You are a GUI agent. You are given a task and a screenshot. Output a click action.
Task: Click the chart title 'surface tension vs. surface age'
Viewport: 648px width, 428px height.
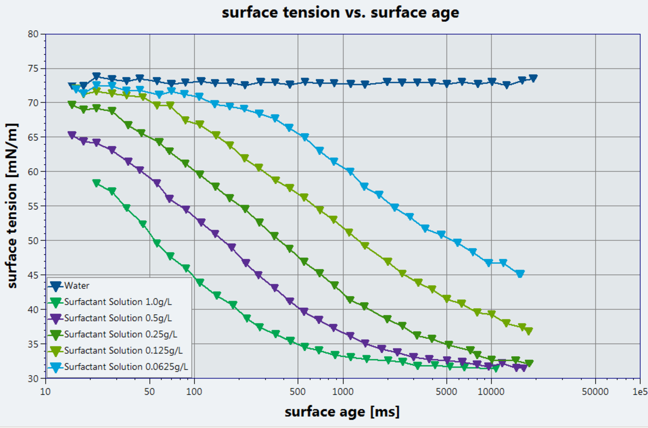[340, 12]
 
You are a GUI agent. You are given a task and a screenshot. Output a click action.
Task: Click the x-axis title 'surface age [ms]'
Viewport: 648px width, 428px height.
[342, 411]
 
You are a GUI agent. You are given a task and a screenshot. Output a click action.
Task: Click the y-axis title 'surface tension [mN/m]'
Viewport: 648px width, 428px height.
[12, 206]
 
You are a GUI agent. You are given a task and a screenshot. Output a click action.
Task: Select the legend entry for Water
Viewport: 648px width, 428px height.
[76, 285]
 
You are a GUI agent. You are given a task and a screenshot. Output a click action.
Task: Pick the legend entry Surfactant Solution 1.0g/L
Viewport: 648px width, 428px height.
[118, 302]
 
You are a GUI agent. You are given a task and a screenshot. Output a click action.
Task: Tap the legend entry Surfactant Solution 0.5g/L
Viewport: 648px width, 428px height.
[118, 318]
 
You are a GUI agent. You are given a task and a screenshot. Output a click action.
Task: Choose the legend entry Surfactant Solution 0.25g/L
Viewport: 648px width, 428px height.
[120, 334]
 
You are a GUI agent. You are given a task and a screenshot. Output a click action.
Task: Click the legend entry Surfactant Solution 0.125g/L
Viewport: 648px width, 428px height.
[123, 350]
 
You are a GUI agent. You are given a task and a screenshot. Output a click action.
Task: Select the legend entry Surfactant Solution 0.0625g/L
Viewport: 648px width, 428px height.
[126, 366]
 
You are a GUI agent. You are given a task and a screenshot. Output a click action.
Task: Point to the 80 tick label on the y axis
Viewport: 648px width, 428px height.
[33, 34]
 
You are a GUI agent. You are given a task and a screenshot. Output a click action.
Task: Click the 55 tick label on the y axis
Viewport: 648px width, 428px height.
[33, 206]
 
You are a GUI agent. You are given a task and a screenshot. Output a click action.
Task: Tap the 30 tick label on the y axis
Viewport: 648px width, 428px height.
[33, 378]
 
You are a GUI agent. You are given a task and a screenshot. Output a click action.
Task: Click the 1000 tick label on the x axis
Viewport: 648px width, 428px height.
[343, 392]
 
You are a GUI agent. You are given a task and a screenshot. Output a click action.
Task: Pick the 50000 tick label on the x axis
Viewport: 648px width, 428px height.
[595, 392]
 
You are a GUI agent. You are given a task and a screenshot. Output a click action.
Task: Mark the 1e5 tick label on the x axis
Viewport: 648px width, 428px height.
[640, 392]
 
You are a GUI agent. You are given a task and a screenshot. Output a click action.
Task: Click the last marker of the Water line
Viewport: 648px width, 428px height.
[533, 78]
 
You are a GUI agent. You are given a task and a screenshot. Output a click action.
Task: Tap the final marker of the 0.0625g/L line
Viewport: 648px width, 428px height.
[520, 274]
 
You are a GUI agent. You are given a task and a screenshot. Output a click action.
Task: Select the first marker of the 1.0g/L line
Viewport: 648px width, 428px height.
[96, 183]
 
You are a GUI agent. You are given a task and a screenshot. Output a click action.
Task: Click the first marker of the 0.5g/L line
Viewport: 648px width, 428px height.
[72, 135]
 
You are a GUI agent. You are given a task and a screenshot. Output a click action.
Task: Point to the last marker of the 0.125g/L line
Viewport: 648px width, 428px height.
[529, 331]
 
